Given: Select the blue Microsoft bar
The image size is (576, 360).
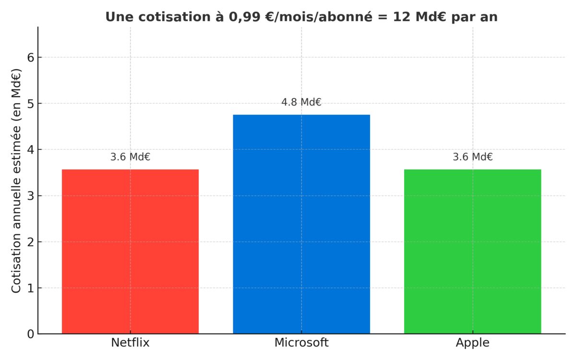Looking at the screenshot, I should point(301,224).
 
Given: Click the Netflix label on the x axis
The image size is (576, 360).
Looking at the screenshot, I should point(130,343).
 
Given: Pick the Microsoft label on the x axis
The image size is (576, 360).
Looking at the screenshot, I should point(301,343).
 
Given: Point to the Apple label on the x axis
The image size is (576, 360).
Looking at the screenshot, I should point(472,343).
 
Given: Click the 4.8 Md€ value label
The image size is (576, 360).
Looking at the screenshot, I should point(301,102).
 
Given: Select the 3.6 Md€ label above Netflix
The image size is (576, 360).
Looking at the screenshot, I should point(130,157).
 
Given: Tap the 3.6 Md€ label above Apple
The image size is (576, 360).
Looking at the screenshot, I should point(472,157).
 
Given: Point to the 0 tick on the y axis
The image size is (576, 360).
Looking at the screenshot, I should point(30,334).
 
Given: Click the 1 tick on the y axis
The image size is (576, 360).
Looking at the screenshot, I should point(30,288).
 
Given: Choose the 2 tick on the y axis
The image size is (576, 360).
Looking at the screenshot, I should point(30,242).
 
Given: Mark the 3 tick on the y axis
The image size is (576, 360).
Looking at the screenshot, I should point(30,196).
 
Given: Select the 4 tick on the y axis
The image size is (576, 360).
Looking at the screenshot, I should point(30,150).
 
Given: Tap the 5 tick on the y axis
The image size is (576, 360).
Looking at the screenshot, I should point(30,104).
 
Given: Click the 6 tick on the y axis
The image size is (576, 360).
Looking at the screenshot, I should point(30,58).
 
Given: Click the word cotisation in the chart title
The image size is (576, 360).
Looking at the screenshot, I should point(163,17).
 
